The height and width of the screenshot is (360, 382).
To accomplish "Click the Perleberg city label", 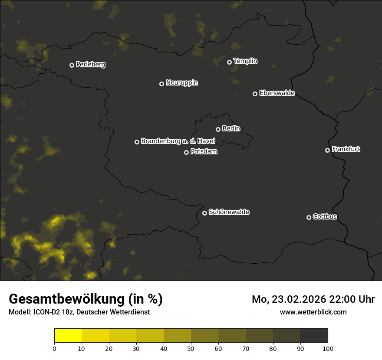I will (x=90, y=65).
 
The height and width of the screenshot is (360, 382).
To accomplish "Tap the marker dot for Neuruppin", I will (x=161, y=84).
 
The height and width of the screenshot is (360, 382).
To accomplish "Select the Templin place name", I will (x=245, y=61).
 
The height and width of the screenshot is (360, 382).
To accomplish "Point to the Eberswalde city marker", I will (x=255, y=94).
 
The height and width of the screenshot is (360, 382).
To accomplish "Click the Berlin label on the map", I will (x=231, y=128).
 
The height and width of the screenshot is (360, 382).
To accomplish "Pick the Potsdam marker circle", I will (x=186, y=152).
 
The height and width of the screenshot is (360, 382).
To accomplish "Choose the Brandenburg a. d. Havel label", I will (x=178, y=141).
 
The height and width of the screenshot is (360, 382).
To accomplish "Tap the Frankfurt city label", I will (x=346, y=149).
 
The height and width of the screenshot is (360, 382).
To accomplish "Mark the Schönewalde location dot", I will (x=204, y=213).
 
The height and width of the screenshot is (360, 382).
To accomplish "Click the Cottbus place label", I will (x=325, y=216).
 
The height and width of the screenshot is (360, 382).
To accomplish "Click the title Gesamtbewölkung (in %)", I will (x=86, y=299).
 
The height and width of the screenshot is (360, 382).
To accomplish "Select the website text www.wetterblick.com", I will (x=313, y=312).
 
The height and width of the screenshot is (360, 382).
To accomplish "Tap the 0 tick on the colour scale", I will (x=54, y=349).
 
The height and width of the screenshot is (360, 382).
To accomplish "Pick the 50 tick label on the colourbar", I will (x=191, y=349).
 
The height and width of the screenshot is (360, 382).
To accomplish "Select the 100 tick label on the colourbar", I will (x=328, y=349).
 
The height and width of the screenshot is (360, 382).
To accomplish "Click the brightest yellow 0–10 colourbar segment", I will (x=68, y=336).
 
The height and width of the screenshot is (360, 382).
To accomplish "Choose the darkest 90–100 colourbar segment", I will (x=314, y=336).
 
